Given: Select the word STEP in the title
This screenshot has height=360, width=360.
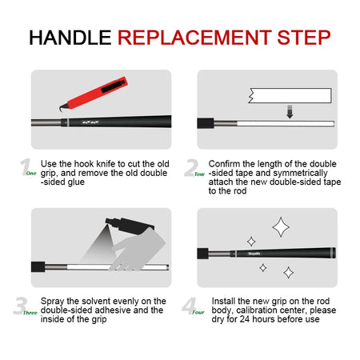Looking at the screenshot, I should (301, 38).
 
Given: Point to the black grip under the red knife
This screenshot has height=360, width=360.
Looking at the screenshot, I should (128, 123).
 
